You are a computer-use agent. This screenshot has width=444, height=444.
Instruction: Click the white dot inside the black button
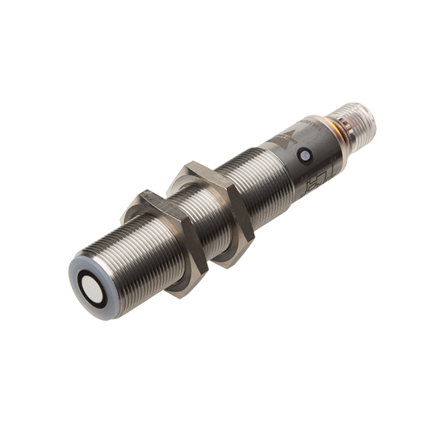pyautogui.click(x=305, y=156)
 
